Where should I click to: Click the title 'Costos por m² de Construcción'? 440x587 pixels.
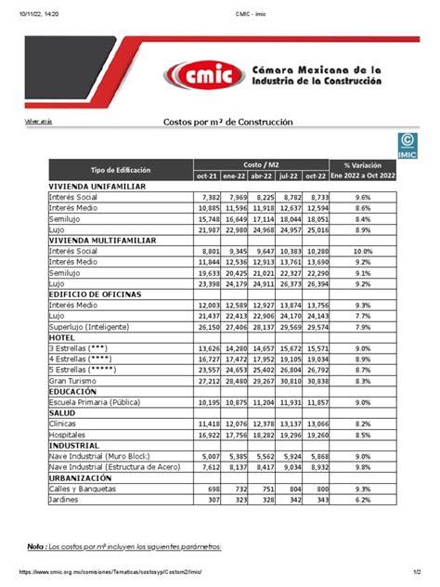pyautogui.click(x=220, y=123)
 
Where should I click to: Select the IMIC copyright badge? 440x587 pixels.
pyautogui.click(x=408, y=145)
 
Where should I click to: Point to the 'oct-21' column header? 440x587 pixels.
pyautogui.click(x=206, y=176)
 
